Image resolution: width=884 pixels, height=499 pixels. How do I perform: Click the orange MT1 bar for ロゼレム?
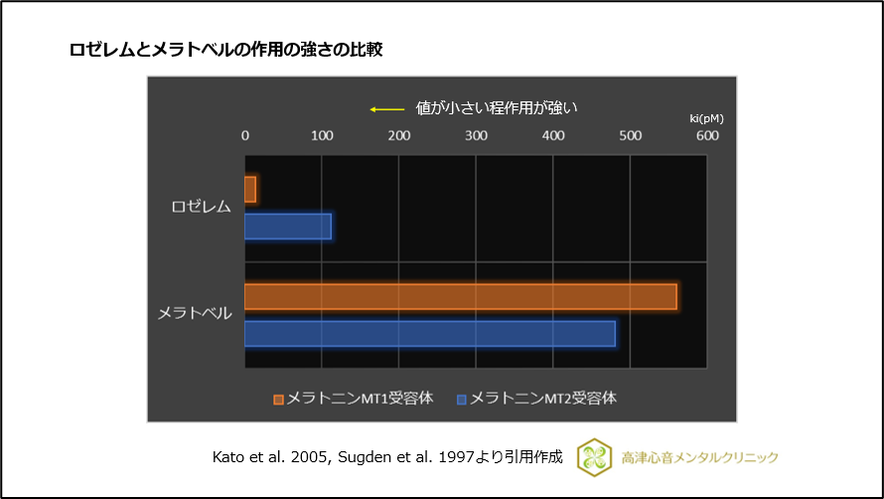coord(250,190)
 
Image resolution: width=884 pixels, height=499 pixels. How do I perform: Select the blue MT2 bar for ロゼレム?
coord(287,227)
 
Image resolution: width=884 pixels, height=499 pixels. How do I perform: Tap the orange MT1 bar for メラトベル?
coord(460,296)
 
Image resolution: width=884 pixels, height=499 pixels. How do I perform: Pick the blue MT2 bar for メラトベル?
coord(429,334)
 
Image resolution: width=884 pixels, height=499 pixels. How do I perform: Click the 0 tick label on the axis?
coord(245,135)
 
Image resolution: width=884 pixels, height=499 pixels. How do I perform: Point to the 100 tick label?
coord(321,135)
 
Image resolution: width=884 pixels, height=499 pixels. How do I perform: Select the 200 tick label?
coord(398,135)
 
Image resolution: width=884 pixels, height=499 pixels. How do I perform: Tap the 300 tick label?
coord(476,135)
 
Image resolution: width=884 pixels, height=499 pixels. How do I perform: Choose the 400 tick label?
coord(553,135)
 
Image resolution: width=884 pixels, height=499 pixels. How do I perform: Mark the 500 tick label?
coord(630,135)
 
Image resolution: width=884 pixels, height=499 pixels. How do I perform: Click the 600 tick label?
coord(707,135)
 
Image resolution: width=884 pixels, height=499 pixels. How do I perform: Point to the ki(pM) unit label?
coord(707,118)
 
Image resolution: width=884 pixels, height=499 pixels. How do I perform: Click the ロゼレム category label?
coord(201,207)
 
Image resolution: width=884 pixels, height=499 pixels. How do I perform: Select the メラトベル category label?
coord(195,313)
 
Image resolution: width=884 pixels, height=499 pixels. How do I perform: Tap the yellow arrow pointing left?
coord(386,108)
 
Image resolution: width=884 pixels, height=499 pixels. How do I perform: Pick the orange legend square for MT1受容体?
coord(279,400)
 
